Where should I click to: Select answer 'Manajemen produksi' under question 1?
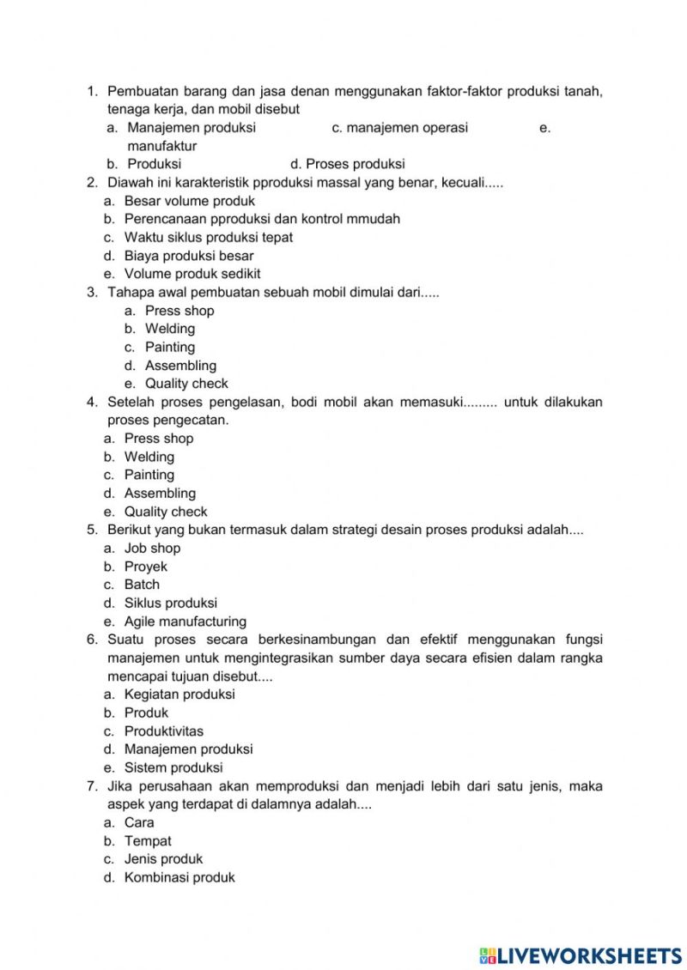click(x=192, y=128)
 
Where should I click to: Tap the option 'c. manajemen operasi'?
click(x=399, y=128)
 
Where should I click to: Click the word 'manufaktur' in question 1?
click(x=162, y=146)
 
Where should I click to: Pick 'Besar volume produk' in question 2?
click(x=189, y=201)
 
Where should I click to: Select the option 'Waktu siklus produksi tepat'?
click(x=208, y=237)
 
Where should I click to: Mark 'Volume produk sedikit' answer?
click(x=192, y=274)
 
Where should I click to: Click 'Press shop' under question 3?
click(x=179, y=311)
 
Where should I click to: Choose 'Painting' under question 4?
click(x=149, y=475)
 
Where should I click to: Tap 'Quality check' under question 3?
click(x=186, y=384)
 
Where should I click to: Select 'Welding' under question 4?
click(x=149, y=457)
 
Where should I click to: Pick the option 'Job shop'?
click(x=152, y=548)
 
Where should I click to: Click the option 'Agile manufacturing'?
click(x=185, y=621)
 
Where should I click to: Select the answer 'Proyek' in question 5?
click(x=146, y=567)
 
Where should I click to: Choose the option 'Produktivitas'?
click(x=164, y=731)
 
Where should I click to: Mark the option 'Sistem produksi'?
click(x=173, y=767)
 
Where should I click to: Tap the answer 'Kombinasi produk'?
click(x=179, y=877)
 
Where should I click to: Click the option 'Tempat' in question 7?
click(x=148, y=841)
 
